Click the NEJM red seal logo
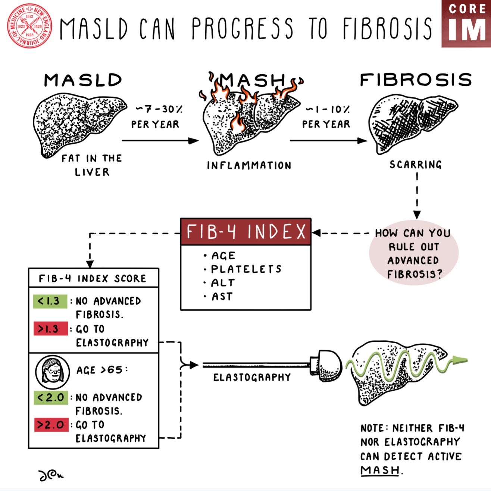pos(29,25)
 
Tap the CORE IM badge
pos(466,24)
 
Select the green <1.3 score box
pos(50,301)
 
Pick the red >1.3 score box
pos(51,328)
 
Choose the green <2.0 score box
pos(51,397)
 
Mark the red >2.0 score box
pos(51,425)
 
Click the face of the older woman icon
pos(53,372)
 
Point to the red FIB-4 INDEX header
pos(245,232)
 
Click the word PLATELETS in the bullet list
pos(246,269)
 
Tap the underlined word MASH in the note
pos(380,470)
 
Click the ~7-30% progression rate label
pos(159,109)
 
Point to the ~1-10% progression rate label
pos(328,109)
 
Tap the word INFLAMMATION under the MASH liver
pos(249,165)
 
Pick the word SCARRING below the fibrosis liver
pos(415,164)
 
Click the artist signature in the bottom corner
pos(51,475)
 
